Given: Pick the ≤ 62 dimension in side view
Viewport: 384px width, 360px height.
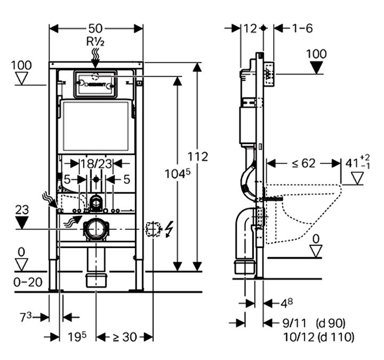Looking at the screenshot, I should [303, 163].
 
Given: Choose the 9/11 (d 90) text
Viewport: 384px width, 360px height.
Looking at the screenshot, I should [313, 324].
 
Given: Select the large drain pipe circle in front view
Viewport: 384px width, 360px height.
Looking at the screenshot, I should [96, 229].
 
